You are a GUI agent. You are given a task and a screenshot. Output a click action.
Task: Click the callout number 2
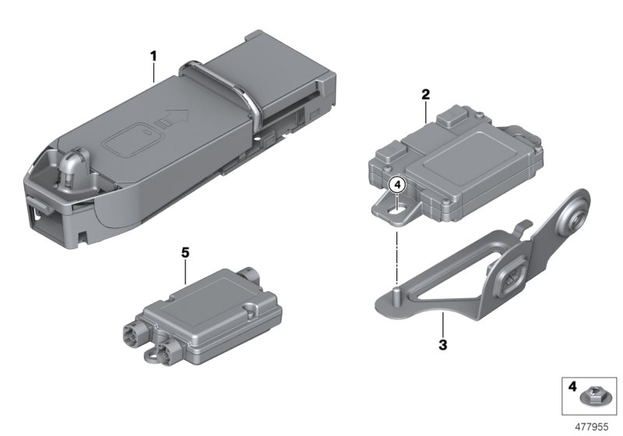click(425, 95)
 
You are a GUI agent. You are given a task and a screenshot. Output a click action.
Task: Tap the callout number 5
click(185, 253)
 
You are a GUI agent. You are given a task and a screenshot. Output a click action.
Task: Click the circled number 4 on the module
click(397, 185)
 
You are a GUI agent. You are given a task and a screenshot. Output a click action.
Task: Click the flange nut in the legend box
click(593, 399)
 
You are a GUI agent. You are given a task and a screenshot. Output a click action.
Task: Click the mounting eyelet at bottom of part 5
click(149, 356)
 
